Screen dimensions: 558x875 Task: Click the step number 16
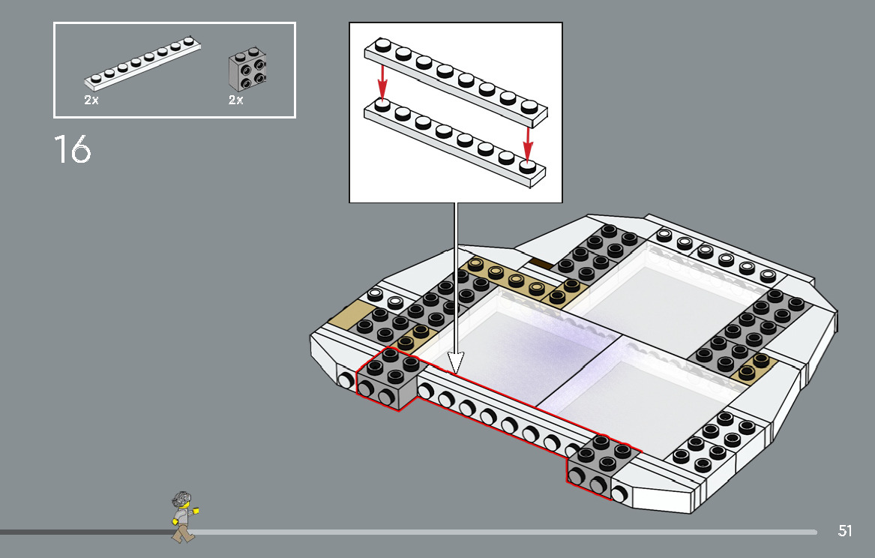click(73, 149)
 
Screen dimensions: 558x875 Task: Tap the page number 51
click(845, 531)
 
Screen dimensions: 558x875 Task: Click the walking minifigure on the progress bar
click(182, 516)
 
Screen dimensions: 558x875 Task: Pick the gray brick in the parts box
click(248, 71)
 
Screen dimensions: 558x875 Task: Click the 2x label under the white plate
click(91, 100)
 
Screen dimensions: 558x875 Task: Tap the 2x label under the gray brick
click(235, 100)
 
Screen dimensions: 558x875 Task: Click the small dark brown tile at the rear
click(541, 263)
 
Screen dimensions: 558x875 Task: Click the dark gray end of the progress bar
click(82, 532)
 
